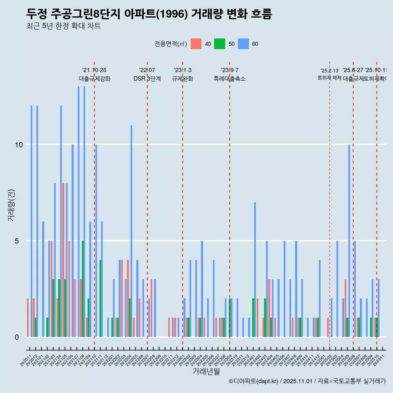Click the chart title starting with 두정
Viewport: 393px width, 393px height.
pos(149,14)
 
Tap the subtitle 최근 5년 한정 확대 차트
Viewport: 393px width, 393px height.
pos(63,26)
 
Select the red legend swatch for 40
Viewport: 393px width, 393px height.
pos(196,44)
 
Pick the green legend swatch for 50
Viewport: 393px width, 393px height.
pos(220,44)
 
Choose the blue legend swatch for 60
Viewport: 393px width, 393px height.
pos(244,44)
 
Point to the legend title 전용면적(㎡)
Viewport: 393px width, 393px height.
pos(171,44)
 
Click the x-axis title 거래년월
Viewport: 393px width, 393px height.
pos(206,372)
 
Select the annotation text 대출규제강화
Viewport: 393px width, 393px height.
pos(95,79)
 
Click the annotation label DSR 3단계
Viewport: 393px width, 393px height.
pos(147,79)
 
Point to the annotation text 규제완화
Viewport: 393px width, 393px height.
pos(183,79)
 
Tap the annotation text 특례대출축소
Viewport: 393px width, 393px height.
pos(230,79)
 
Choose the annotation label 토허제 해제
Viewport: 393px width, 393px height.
pos(329,78)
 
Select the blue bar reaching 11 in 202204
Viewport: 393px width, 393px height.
pos(131,231)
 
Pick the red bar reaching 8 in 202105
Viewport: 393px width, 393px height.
pos(63,260)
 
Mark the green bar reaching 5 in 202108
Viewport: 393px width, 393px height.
pos(83,289)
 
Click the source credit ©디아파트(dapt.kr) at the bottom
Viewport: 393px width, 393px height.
pos(307,381)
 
